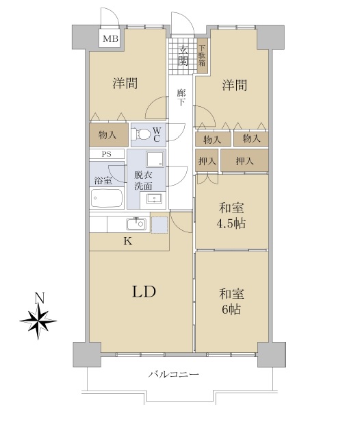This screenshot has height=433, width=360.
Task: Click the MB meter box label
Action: coord(110,38)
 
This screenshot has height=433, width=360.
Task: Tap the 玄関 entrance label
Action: coord(183,56)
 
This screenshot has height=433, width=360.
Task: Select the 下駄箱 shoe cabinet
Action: coord(202,55)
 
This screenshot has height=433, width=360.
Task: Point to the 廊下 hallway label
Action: coord(181,97)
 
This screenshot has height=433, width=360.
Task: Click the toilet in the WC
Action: coord(140,135)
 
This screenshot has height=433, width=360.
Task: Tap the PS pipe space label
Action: coord(107,154)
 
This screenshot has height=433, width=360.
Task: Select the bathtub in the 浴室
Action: coord(107,198)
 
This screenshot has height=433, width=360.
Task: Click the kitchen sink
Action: coord(137,223)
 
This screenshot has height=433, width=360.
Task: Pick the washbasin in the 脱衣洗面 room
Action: coord(154,199)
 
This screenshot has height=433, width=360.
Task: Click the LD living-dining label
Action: coord(144,292)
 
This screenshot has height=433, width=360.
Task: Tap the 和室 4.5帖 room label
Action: coord(232,216)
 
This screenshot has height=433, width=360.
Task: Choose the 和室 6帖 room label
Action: coord(231,301)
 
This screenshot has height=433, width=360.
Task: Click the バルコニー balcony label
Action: coord(174,375)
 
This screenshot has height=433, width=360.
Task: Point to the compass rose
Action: coord(38,321)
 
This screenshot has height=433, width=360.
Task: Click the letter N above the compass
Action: coord(40,299)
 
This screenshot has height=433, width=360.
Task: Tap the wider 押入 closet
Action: coord(244,160)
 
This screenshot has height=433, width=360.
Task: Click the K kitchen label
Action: coord(127,241)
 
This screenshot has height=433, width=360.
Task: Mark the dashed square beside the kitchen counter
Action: coord(159,225)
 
